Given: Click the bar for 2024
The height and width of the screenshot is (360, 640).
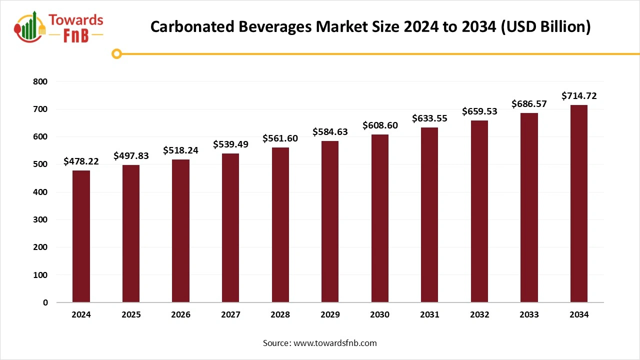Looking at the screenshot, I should coord(81,236).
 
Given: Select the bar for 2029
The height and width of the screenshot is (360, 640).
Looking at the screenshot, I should coord(330,221).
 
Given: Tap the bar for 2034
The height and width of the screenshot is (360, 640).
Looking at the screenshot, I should coord(579,203).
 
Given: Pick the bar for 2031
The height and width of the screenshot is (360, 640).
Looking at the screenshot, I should coord(429,215).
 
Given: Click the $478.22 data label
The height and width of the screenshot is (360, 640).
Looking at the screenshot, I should coord(81,161).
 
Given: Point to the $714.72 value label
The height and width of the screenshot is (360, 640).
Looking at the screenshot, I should coord(579,95).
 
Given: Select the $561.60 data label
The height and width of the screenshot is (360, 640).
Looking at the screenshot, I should coord(280,138).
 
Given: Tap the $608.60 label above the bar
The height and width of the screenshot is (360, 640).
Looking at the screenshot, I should coord(380,125).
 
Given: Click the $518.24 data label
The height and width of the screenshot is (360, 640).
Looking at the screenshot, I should coord(180,150).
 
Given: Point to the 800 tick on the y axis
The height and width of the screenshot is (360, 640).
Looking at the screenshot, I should coord(41,81).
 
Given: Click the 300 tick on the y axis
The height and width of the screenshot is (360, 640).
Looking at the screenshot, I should coord(41,219).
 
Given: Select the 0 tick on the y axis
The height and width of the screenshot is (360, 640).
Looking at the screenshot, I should coord(45,302).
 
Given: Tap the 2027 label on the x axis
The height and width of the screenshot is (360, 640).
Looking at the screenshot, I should coord(230,315).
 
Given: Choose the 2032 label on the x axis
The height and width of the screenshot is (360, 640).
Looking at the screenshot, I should coord(479,315).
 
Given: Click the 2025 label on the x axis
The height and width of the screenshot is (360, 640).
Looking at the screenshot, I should coord(131,315).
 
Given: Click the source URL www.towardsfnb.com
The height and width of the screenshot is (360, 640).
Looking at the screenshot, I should coord(335,343).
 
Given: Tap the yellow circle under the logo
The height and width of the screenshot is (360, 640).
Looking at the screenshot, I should coord(116,53).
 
